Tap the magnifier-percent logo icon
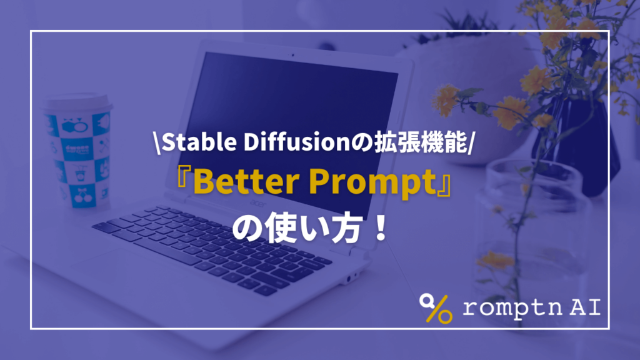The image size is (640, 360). (436, 306)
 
